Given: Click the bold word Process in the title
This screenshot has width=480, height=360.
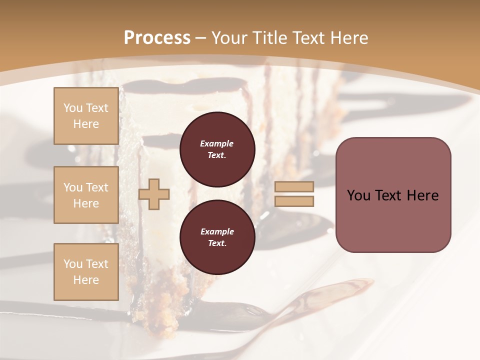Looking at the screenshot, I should [157, 38].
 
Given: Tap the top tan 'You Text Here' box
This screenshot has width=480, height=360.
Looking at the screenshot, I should [86, 116].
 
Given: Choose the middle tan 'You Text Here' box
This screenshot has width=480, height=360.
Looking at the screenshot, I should [86, 195].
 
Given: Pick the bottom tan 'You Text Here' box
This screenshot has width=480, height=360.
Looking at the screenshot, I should [86, 272].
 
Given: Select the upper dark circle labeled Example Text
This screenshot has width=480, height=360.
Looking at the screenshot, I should [217, 149].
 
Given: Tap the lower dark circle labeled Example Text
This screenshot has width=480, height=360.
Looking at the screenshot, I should [217, 237].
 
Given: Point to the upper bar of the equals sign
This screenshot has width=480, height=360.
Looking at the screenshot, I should [294, 187].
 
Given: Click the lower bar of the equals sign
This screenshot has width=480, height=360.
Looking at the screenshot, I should [294, 201].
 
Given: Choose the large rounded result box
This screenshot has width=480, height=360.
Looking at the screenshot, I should [393, 194].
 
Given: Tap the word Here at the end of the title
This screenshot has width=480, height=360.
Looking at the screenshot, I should [348, 38].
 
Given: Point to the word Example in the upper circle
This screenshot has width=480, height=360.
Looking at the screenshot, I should [217, 143].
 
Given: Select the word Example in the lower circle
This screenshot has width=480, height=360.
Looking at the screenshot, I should [217, 231].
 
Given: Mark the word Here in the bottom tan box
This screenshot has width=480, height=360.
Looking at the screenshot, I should [86, 280].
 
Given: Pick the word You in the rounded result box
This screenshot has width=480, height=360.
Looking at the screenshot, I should [358, 195].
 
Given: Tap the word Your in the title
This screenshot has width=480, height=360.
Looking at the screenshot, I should [231, 38].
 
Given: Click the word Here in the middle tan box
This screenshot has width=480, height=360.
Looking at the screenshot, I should [86, 203].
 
